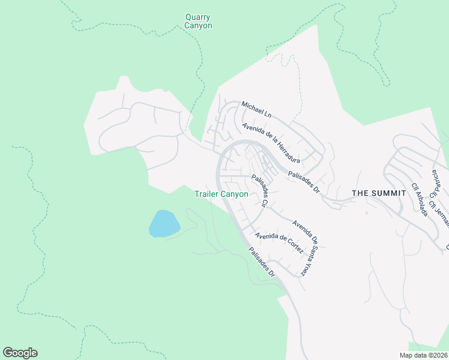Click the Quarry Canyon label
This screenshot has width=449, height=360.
point(198,22)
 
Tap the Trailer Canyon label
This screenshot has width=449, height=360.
point(221,194)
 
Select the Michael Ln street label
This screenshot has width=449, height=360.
point(256,109)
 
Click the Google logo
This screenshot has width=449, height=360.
point(20,353)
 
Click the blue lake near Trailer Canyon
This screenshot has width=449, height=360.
point(164,224)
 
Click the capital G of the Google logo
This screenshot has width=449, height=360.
point(8,353)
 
